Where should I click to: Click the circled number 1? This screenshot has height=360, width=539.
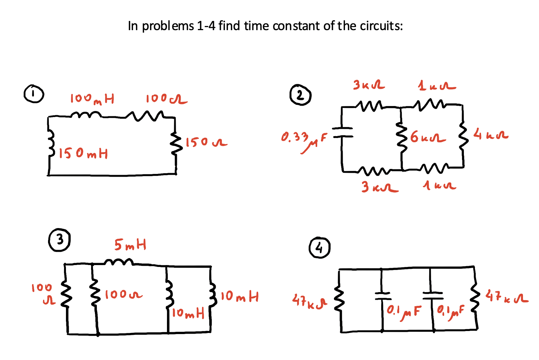[x=34, y=94]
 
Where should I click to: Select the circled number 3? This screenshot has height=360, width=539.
[x=59, y=240]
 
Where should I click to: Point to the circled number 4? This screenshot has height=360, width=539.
[x=319, y=247]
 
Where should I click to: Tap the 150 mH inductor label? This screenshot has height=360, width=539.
[x=83, y=154]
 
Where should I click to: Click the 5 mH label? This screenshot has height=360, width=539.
[x=130, y=244]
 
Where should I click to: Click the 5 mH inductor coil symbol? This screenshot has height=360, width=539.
[x=119, y=262]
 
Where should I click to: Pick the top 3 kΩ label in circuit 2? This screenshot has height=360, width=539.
[x=368, y=85]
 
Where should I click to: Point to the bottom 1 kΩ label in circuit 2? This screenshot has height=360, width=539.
[x=440, y=186]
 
